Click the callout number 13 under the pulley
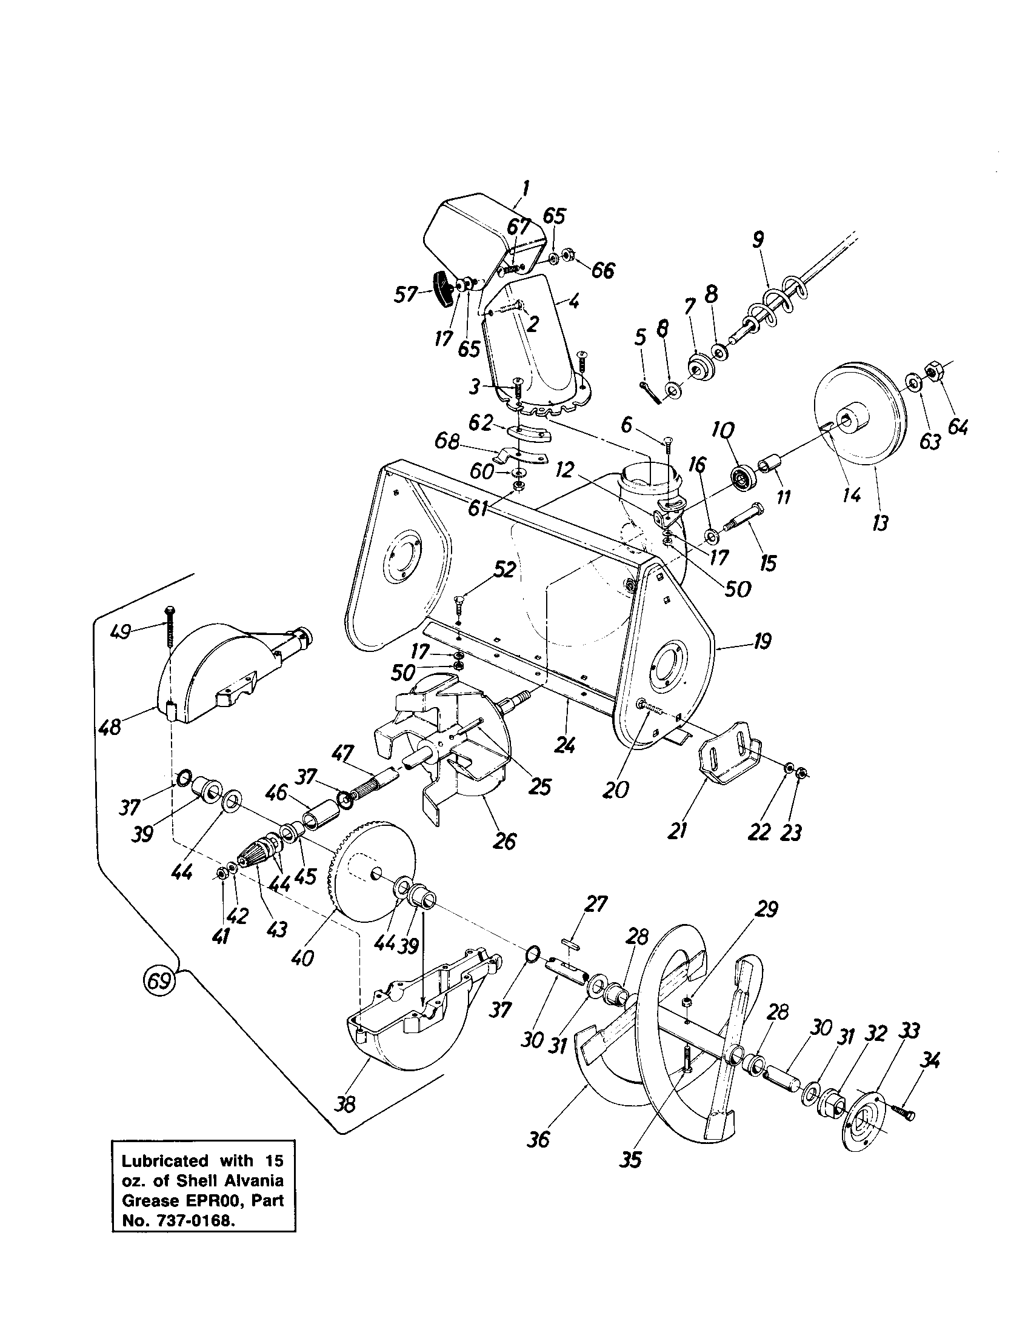click(879, 522)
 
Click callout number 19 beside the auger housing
click(761, 641)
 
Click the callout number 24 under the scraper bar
click(566, 745)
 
